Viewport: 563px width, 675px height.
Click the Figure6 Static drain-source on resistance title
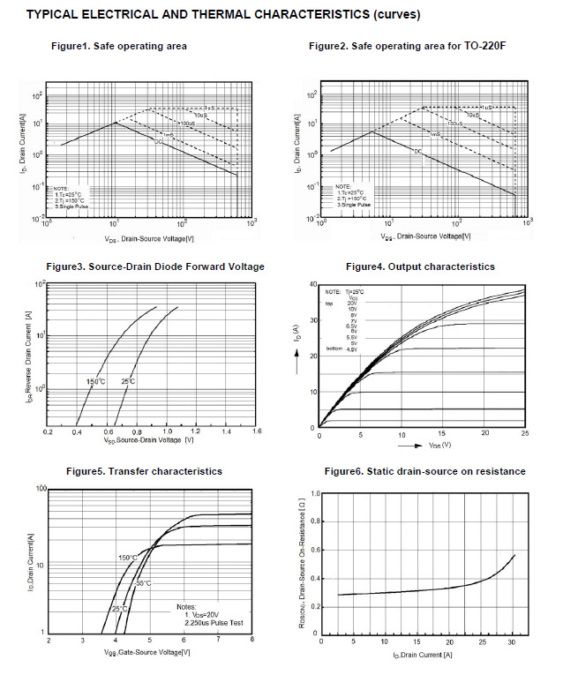(424, 471)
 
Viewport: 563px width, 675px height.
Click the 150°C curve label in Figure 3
(95, 381)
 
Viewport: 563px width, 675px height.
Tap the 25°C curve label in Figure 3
(130, 381)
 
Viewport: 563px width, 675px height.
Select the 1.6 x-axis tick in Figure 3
(256, 432)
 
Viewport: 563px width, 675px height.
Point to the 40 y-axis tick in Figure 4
(313, 285)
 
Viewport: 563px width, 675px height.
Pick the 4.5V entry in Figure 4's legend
(351, 350)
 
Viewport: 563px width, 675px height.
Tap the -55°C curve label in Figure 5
(141, 583)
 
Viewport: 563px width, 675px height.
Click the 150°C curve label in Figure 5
(128, 558)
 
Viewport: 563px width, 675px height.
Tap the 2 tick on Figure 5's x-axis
(49, 640)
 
